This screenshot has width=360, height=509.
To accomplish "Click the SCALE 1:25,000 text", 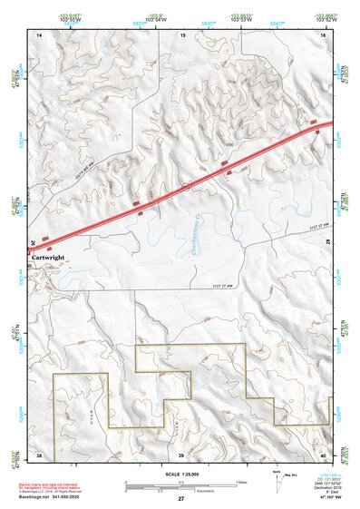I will [180, 475].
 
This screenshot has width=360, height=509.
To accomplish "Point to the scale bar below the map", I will [180, 484].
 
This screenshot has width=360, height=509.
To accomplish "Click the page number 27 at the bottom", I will [180, 499].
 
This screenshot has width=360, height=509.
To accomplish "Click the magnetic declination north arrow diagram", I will [276, 482].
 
